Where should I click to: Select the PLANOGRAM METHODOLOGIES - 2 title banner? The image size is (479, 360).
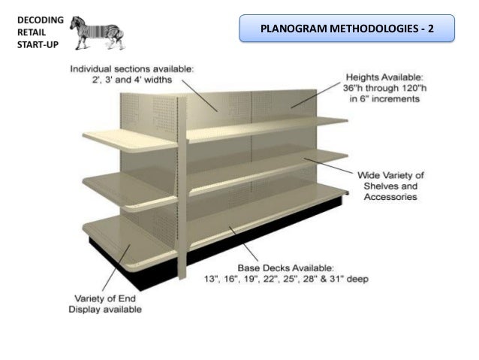pyautogui.click(x=346, y=29)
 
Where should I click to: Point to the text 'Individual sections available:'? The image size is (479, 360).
pyautogui.click(x=132, y=68)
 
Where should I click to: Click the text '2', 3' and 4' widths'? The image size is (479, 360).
pyautogui.click(x=132, y=78)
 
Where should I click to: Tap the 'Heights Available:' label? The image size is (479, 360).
pyautogui.click(x=385, y=77)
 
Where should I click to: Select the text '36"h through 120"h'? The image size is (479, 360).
pyautogui.click(x=385, y=87)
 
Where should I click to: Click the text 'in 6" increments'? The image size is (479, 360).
pyautogui.click(x=385, y=98)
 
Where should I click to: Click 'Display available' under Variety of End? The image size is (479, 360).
pyautogui.click(x=105, y=309)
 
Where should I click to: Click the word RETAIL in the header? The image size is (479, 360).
pyautogui.click(x=29, y=32)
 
